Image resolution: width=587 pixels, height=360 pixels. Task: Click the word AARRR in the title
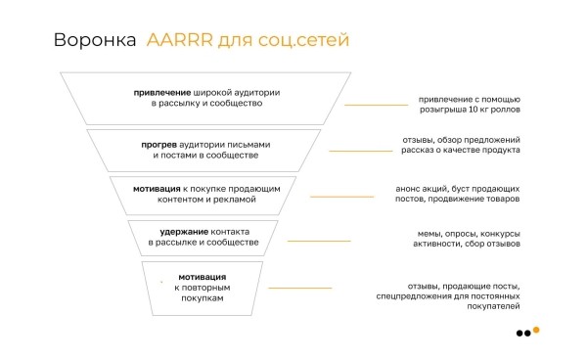pyautogui.click(x=179, y=41)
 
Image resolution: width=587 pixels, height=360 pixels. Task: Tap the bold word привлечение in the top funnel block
pyautogui.click(x=163, y=92)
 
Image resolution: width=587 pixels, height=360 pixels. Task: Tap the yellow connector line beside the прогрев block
pyautogui.click(x=359, y=151)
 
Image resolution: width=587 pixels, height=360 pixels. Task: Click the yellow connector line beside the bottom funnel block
pyautogui.click(x=299, y=288)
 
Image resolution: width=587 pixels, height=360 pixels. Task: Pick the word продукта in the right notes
pyautogui.click(x=501, y=150)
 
